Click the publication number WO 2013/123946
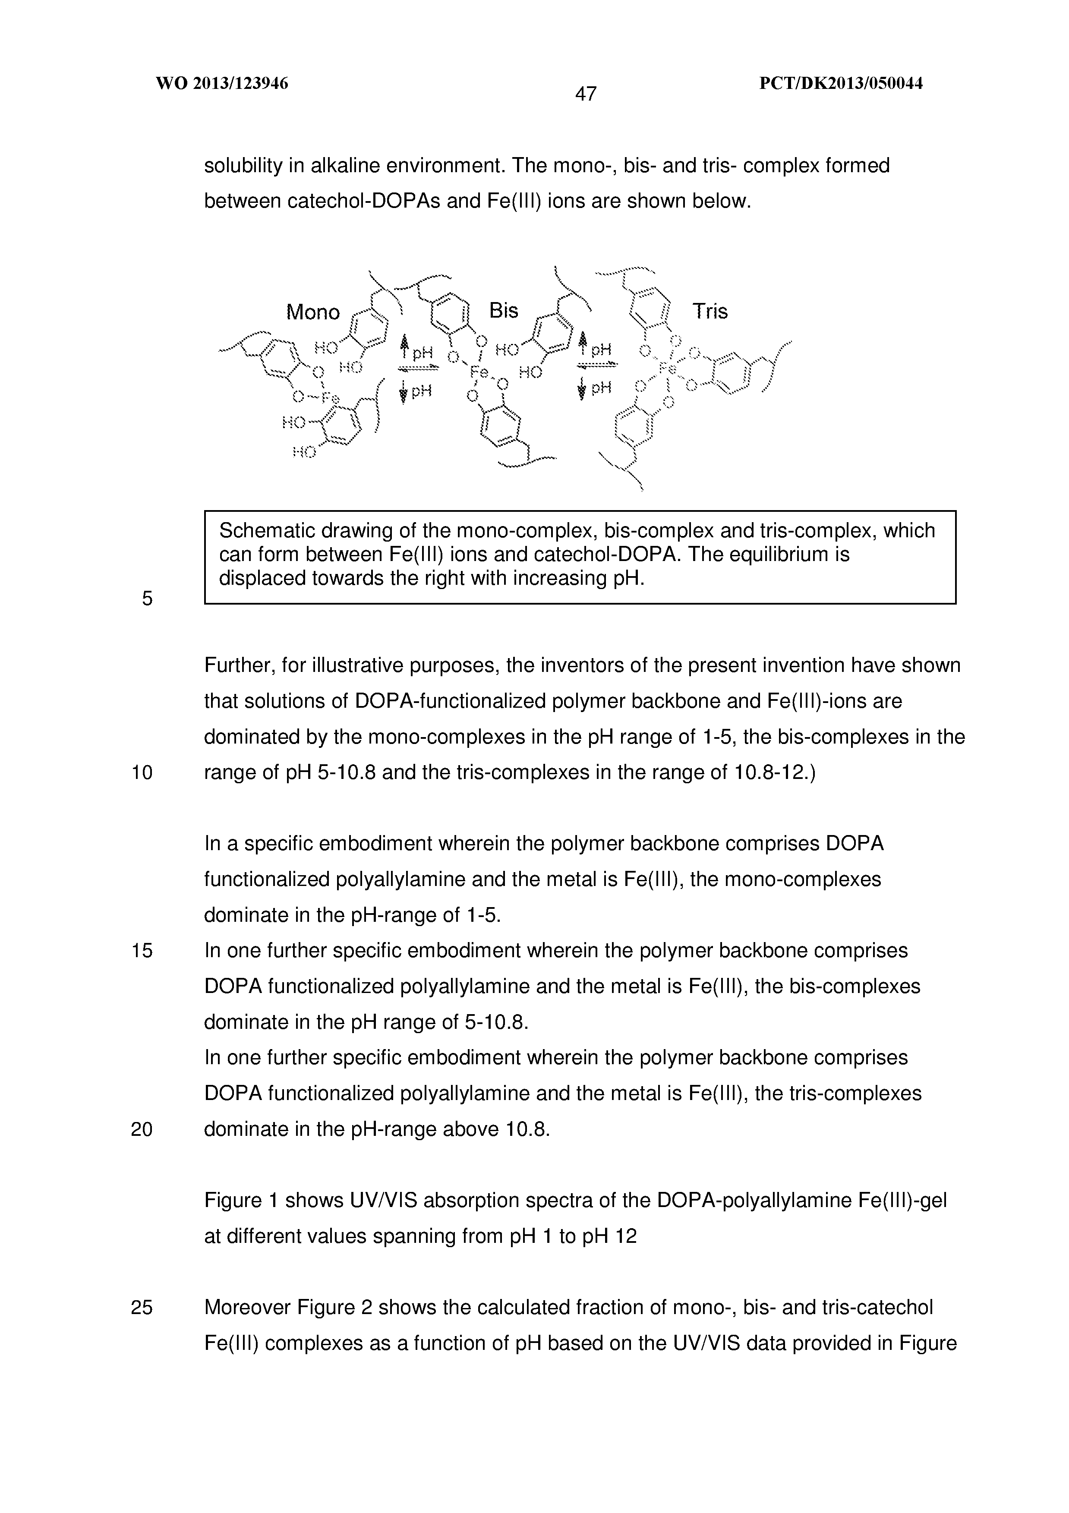(x=222, y=84)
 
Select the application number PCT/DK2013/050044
(x=841, y=84)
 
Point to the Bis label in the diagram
(x=504, y=310)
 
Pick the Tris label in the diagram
(x=710, y=311)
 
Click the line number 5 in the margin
(x=147, y=599)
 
